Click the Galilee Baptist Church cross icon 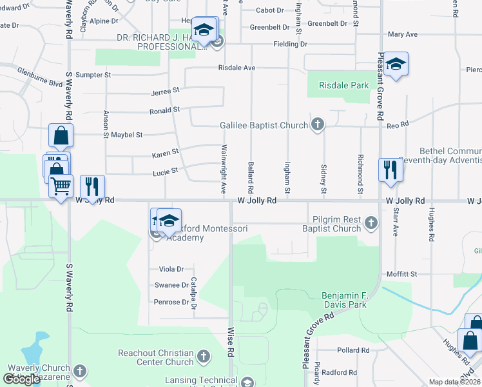click(x=317, y=124)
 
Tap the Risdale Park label click(x=343, y=84)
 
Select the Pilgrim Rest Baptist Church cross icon click(x=371, y=223)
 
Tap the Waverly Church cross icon click(x=79, y=372)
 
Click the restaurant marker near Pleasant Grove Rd click(x=390, y=170)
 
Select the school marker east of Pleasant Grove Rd click(x=396, y=64)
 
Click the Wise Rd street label click(x=229, y=342)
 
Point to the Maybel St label click(x=127, y=135)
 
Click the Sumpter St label click(x=93, y=75)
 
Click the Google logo click(x=21, y=379)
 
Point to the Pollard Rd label click(x=353, y=350)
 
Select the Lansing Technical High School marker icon click(x=247, y=382)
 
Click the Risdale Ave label click(x=236, y=67)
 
